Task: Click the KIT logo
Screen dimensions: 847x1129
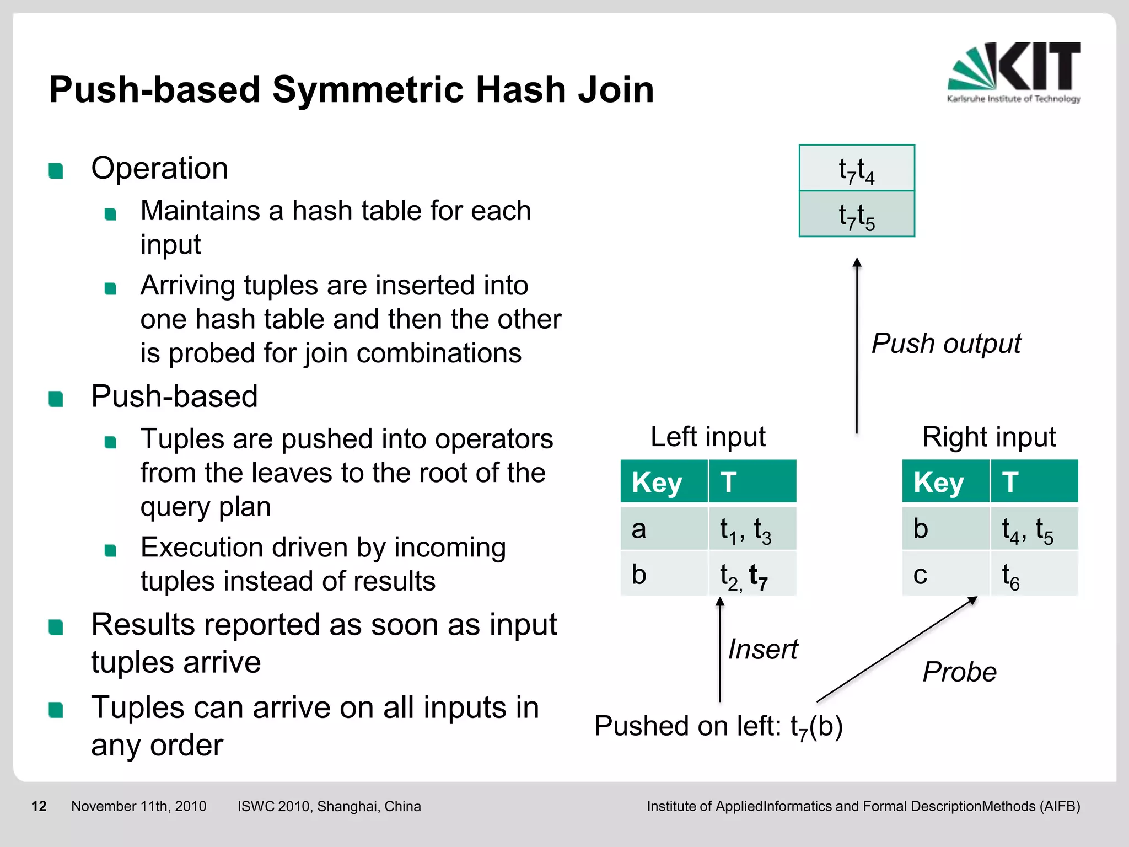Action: click(x=1013, y=72)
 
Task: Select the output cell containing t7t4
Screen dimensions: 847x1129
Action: click(x=856, y=169)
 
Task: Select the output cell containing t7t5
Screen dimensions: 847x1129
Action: click(x=856, y=215)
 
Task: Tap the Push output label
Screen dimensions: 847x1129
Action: click(x=946, y=344)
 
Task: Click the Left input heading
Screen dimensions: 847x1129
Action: click(x=708, y=437)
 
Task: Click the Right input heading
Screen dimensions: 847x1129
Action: click(x=989, y=437)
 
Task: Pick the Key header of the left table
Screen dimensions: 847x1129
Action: click(x=663, y=481)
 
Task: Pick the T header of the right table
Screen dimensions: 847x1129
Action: click(x=1034, y=481)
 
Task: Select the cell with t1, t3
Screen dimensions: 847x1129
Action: click(x=752, y=529)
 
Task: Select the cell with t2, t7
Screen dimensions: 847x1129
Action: click(x=752, y=575)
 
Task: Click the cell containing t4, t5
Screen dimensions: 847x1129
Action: click(x=1034, y=529)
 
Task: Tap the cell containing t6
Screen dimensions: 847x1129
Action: click(x=1034, y=575)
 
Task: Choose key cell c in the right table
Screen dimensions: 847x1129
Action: click(x=945, y=575)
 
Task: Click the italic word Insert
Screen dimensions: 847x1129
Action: click(x=763, y=649)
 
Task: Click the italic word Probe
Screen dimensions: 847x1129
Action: click(x=959, y=672)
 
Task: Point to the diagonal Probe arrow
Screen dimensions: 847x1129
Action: click(x=896, y=649)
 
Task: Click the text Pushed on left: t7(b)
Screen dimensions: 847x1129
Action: click(x=718, y=726)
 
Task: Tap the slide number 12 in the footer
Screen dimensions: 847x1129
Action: click(x=39, y=806)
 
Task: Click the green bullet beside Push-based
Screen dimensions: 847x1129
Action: click(x=56, y=398)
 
